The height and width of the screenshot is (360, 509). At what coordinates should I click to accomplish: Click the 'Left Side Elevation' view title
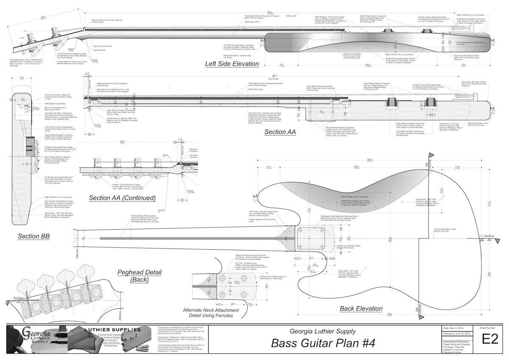pyautogui.click(x=232, y=64)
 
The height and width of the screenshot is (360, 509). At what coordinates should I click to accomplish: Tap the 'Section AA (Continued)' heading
pyautogui.click(x=122, y=198)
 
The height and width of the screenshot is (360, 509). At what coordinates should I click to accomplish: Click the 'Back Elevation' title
pyautogui.click(x=361, y=308)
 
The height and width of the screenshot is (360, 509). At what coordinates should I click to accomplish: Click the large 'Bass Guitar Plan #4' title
pyautogui.click(x=323, y=343)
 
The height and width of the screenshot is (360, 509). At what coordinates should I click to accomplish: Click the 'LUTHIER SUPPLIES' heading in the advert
pyautogui.click(x=116, y=329)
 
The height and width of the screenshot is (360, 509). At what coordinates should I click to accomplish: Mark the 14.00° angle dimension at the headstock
pyautogui.click(x=22, y=38)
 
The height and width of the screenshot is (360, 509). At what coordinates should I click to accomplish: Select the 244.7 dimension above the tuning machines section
pyautogui.click(x=123, y=141)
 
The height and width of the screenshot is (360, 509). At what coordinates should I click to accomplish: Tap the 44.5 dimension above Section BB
pyautogui.click(x=22, y=78)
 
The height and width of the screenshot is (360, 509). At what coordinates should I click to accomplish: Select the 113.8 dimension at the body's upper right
pyautogui.click(x=457, y=167)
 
